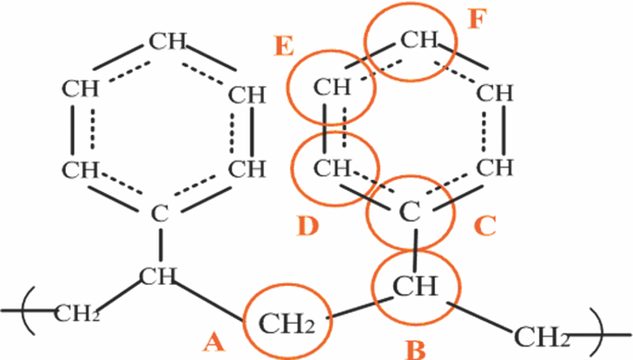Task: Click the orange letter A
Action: coord(213,341)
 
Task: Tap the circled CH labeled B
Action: coord(419,289)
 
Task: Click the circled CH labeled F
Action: coord(418,40)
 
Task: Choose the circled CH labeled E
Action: coord(332,89)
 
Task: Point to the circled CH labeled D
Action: coord(335,167)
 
